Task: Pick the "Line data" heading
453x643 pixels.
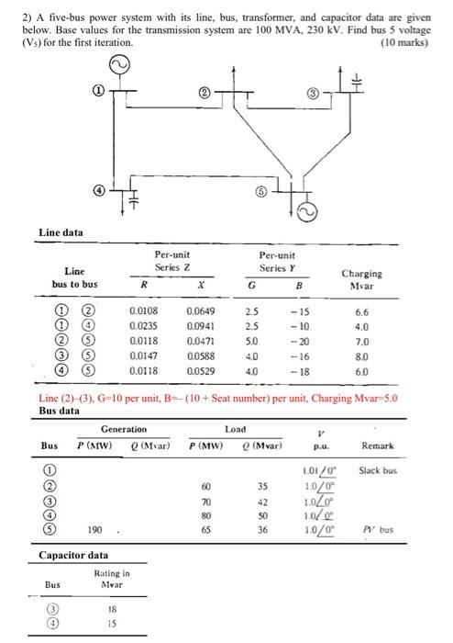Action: [x=61, y=232]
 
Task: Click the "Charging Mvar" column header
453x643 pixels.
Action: [x=362, y=278]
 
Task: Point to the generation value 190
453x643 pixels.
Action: [x=94, y=529]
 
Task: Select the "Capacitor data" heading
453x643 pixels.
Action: [x=73, y=555]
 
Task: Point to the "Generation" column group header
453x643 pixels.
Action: [x=123, y=429]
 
